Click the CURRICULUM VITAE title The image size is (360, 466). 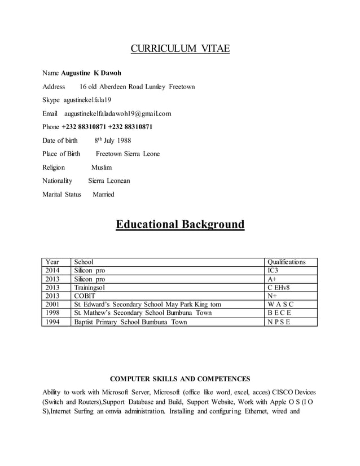point(180,49)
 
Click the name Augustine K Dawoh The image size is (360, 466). point(91,73)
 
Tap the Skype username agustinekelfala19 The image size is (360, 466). point(87,100)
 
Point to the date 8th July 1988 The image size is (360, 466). point(112,140)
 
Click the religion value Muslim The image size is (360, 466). point(102,168)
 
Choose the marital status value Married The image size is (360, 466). point(103,195)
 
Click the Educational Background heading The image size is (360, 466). point(180,225)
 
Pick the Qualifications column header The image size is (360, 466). point(286,262)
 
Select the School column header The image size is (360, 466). point(84,262)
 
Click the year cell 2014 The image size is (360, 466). point(52,270)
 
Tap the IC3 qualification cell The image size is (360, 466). point(274,270)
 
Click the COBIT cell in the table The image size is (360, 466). point(85,296)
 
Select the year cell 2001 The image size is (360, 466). point(52,305)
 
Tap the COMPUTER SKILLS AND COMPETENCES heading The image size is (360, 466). point(179,379)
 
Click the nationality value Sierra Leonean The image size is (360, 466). point(109,181)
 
